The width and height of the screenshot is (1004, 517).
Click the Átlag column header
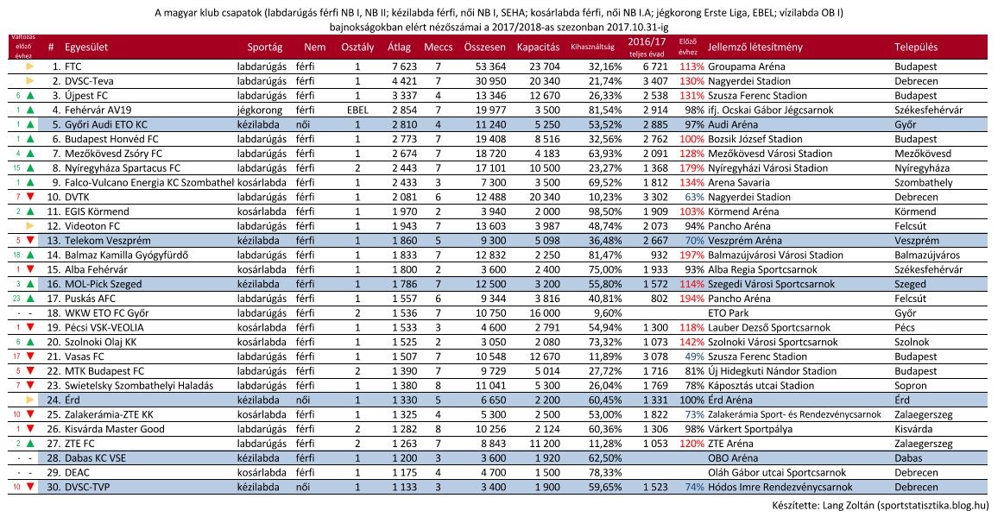(398, 46)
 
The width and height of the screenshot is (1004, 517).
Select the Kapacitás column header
(538, 46)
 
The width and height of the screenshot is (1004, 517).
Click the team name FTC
(73, 66)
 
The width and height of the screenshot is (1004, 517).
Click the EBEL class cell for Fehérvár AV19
(357, 110)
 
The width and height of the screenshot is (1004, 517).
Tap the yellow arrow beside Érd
(29, 400)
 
